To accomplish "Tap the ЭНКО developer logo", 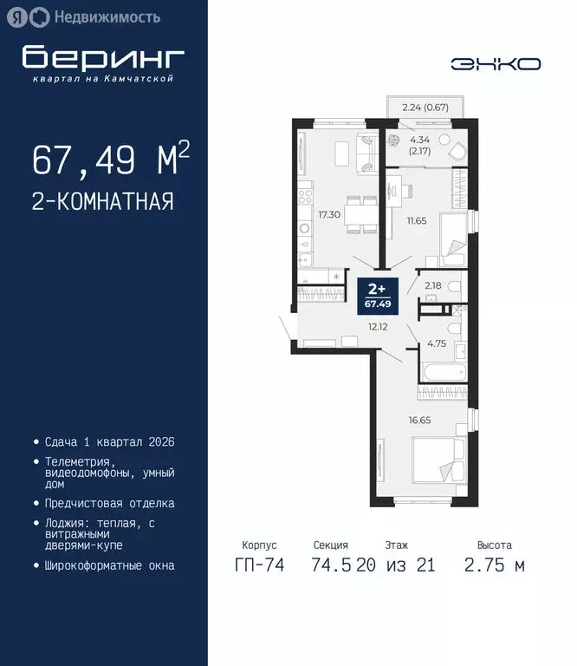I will pos(496,63).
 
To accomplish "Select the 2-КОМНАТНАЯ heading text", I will pos(102,202).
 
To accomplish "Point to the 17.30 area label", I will pos(328,213).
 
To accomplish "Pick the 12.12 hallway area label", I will pos(377,326).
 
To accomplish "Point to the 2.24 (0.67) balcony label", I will pos(425,108).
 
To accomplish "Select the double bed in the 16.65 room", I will pos(438,460).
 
